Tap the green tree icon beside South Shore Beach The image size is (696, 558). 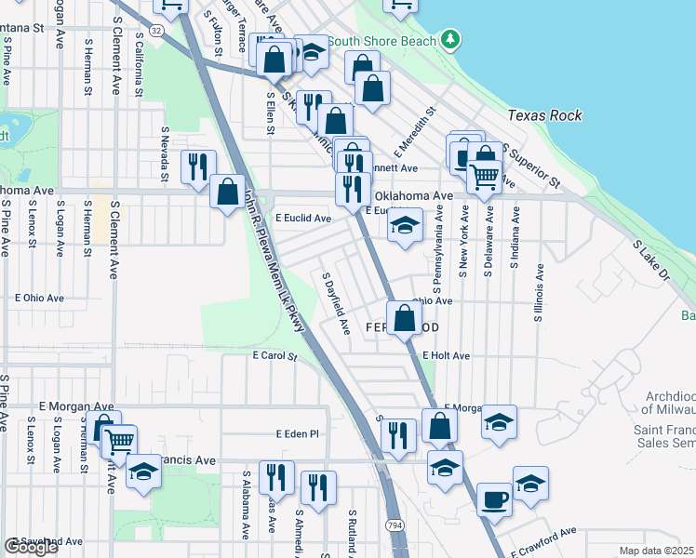point(451,39)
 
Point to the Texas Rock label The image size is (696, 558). point(545,115)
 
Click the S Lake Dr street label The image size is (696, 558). point(651,261)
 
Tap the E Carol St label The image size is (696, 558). point(274,355)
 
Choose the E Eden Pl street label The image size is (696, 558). point(298,433)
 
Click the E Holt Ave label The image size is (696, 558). point(446,355)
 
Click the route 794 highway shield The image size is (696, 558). point(395,525)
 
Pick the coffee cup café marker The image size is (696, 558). point(494,500)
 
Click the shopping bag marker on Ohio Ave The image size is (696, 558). point(405,318)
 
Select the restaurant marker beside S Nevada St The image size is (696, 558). point(197,166)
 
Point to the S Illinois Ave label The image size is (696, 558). point(538,294)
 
